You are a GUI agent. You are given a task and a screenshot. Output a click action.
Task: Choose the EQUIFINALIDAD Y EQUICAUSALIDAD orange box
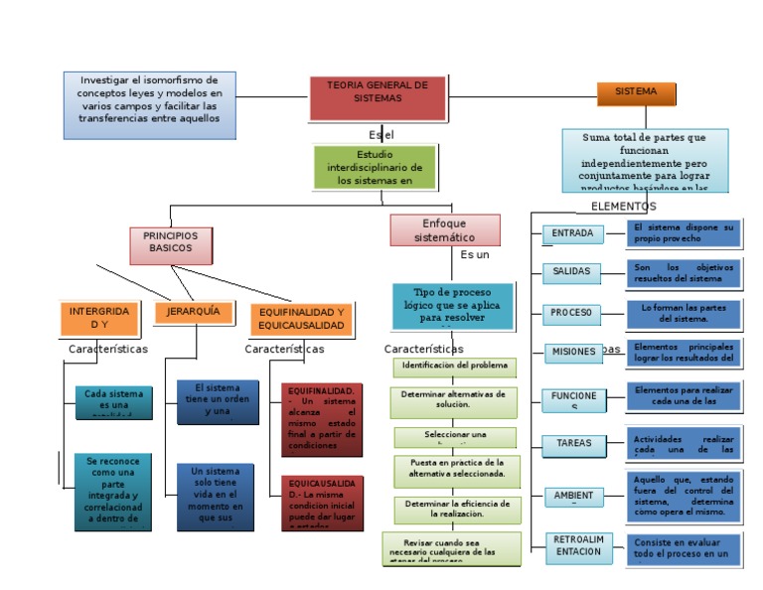[x=301, y=318]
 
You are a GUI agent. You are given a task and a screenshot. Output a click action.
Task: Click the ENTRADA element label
[x=573, y=234]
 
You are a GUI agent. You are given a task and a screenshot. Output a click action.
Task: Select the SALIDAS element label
[x=572, y=271]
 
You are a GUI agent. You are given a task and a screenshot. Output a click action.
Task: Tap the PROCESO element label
[x=572, y=313]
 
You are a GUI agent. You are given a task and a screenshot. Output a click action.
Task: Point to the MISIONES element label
[x=572, y=352]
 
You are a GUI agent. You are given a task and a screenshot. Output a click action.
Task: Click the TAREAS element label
[x=573, y=443]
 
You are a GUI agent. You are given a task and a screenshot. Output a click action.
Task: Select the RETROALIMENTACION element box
[x=577, y=545]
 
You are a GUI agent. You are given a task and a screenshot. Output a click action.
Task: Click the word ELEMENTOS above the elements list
[x=623, y=207]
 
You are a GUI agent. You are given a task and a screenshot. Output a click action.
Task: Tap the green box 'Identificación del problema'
[x=454, y=367]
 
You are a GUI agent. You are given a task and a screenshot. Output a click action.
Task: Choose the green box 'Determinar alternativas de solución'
[x=454, y=399]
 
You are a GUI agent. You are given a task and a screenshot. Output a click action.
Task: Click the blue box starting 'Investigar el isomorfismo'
[x=150, y=104]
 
